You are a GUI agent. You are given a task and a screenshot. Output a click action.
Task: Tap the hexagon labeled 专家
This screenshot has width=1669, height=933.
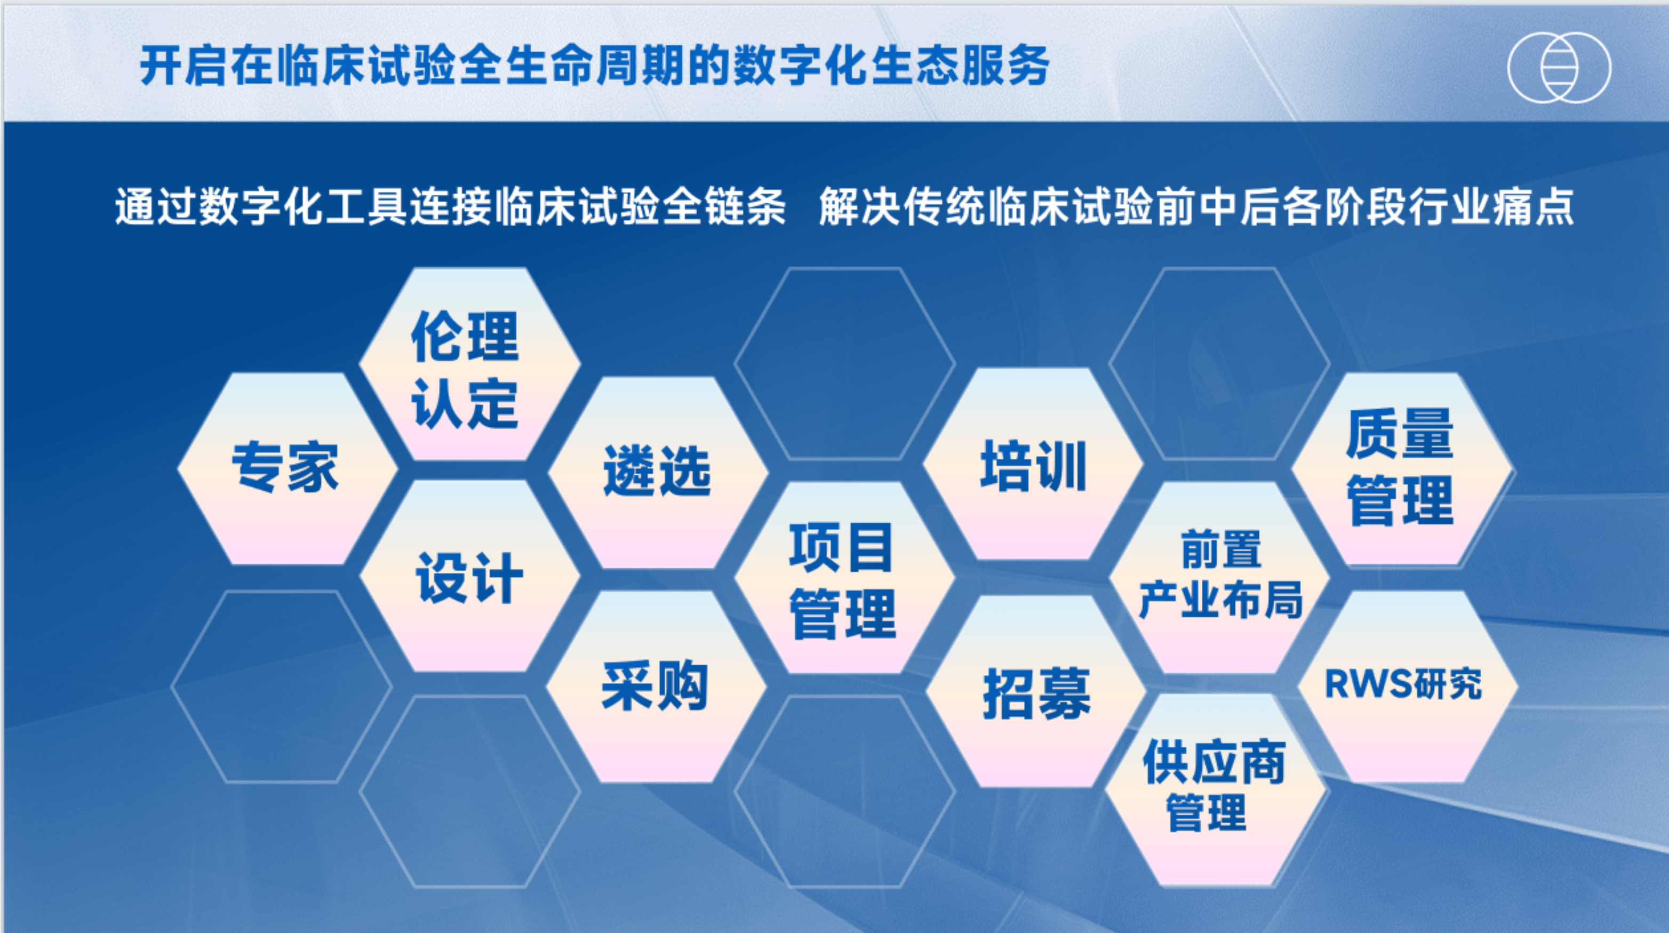point(287,468)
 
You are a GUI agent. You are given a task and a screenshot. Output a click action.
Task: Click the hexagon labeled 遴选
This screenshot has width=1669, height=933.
point(658,472)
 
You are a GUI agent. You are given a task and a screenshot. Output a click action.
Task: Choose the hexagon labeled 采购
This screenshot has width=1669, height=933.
point(656,686)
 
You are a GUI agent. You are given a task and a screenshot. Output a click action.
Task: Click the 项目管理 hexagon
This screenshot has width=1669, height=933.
point(844,577)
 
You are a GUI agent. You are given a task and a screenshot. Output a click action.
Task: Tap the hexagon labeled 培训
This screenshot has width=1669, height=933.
point(1033,464)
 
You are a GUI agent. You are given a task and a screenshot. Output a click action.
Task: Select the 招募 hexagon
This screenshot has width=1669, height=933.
point(1036,691)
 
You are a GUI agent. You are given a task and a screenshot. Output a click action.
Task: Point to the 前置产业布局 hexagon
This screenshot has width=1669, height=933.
point(1219,577)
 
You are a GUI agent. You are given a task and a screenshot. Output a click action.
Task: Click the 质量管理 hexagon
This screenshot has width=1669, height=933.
point(1401,468)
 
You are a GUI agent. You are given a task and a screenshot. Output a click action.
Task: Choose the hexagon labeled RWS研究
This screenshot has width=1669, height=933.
point(1408,686)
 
